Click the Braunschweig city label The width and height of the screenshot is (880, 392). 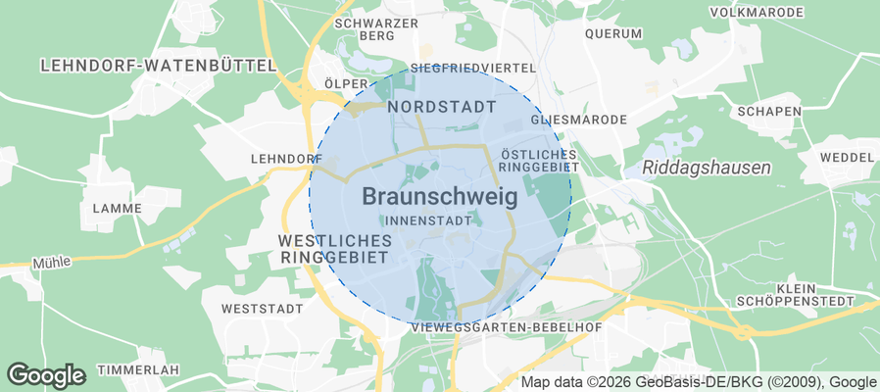click(x=440, y=196)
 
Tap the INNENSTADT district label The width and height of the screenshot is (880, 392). click(x=428, y=220)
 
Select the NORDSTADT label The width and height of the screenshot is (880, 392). click(x=442, y=105)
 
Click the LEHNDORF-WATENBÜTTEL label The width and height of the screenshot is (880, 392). click(x=158, y=66)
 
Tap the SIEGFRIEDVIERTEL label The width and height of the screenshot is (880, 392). click(x=473, y=69)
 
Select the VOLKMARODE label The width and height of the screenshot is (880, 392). click(x=755, y=13)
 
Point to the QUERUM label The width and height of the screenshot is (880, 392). click(x=613, y=32)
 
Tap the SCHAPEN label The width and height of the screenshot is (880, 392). click(x=769, y=111)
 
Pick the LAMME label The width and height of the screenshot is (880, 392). click(x=117, y=209)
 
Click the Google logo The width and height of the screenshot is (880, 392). click(x=46, y=374)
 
